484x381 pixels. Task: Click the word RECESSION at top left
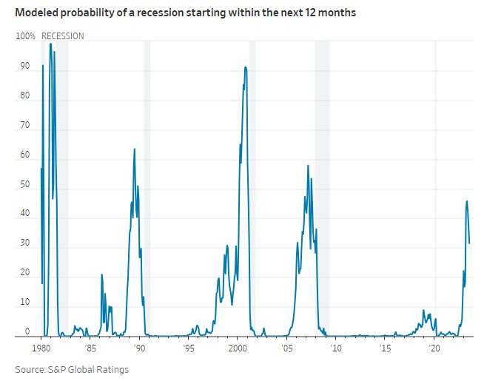(62, 36)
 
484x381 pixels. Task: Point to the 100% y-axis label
(25, 36)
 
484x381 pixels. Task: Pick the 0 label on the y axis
(27, 331)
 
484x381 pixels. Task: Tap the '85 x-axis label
(90, 348)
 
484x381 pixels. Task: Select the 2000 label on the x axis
(238, 348)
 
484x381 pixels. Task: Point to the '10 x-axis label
(336, 348)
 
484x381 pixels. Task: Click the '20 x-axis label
(434, 348)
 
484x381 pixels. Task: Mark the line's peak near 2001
(245, 67)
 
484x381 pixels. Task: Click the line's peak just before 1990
(134, 149)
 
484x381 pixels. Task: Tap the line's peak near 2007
(308, 166)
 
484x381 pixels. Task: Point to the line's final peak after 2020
(466, 201)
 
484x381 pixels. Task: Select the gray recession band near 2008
(322, 185)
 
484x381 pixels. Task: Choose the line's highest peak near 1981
(50, 44)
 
